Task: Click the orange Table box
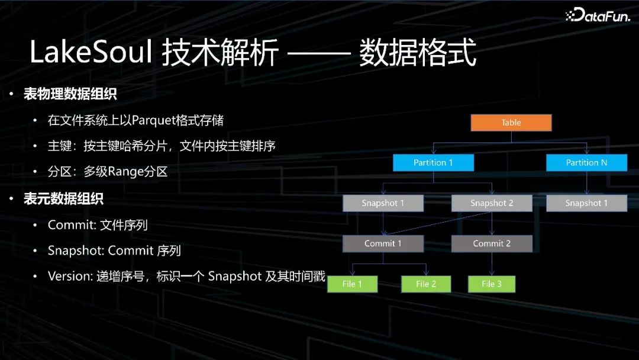[x=511, y=123]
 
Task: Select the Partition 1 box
[x=434, y=162]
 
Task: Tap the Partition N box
[x=586, y=162]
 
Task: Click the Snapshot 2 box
[x=492, y=203]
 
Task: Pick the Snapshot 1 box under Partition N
[x=586, y=203]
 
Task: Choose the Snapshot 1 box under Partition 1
[x=383, y=203]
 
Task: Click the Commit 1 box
[x=383, y=243]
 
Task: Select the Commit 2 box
[x=492, y=243]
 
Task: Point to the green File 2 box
[x=425, y=284]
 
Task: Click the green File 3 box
[x=491, y=284]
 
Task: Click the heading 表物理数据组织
[x=70, y=94]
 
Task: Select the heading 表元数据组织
[x=63, y=199]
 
